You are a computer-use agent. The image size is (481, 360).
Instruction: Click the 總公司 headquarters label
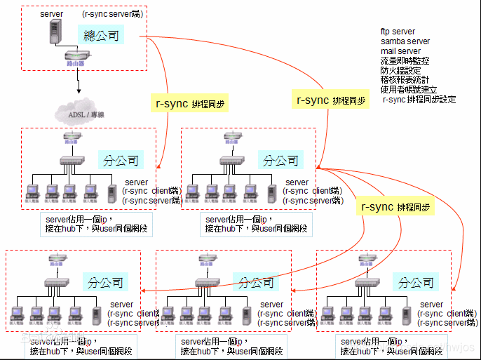(x=102, y=35)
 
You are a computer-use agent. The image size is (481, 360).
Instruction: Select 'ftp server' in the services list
(x=398, y=32)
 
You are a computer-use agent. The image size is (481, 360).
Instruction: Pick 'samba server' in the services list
(x=405, y=41)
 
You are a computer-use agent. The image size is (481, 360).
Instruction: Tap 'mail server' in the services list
(x=400, y=51)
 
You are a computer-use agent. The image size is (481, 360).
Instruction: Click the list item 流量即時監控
(x=405, y=61)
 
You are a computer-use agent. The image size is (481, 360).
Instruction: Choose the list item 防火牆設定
(x=400, y=71)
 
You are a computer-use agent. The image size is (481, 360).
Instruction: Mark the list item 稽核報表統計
(x=405, y=81)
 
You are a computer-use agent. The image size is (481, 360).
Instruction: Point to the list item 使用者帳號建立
(x=409, y=90)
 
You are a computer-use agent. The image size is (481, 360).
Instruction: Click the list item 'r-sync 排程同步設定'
(x=419, y=100)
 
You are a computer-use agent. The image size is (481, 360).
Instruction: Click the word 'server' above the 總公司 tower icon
(x=52, y=14)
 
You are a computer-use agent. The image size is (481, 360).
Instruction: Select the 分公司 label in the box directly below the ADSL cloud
(x=121, y=160)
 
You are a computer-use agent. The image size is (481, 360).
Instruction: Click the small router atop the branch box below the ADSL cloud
(x=71, y=138)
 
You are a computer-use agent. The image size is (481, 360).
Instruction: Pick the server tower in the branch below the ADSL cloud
(x=112, y=192)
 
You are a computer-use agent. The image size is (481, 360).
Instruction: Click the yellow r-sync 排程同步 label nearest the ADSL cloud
(x=191, y=104)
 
